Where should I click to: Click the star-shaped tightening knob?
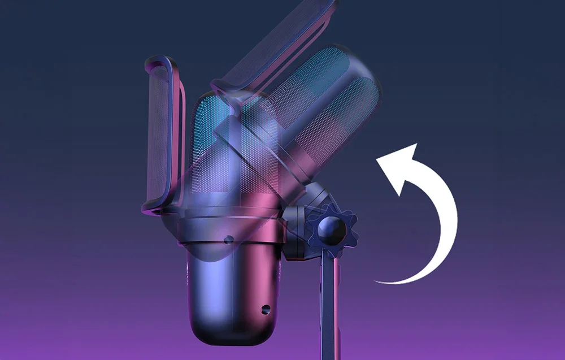(332, 228)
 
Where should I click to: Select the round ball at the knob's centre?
(332, 228)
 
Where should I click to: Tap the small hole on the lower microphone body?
(264, 309)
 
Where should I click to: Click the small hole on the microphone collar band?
(228, 240)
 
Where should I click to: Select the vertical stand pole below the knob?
(331, 305)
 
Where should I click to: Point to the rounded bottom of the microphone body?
(232, 333)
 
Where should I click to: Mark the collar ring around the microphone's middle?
(226, 229)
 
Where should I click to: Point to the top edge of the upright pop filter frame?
(161, 59)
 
